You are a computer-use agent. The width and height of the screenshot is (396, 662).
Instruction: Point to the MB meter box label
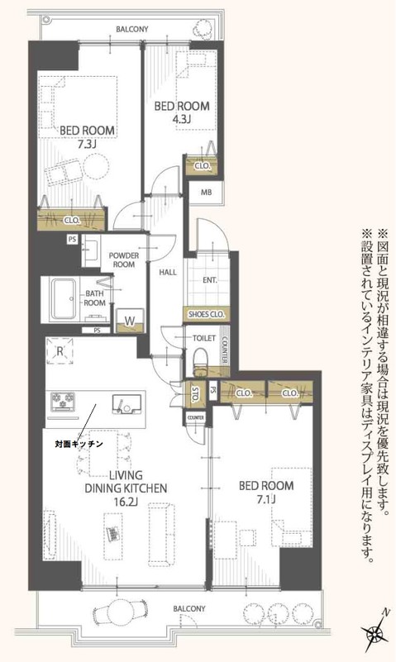(x=204, y=194)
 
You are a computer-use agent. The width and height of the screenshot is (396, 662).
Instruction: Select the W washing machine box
(x=131, y=317)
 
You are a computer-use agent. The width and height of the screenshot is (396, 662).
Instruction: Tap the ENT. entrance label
(x=210, y=279)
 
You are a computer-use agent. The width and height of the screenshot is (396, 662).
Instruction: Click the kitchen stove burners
(x=64, y=402)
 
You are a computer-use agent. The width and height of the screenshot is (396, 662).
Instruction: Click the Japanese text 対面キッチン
(x=79, y=445)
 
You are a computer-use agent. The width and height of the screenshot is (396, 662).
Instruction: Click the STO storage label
(x=195, y=393)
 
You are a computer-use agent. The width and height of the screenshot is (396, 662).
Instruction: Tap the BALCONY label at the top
(x=132, y=30)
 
